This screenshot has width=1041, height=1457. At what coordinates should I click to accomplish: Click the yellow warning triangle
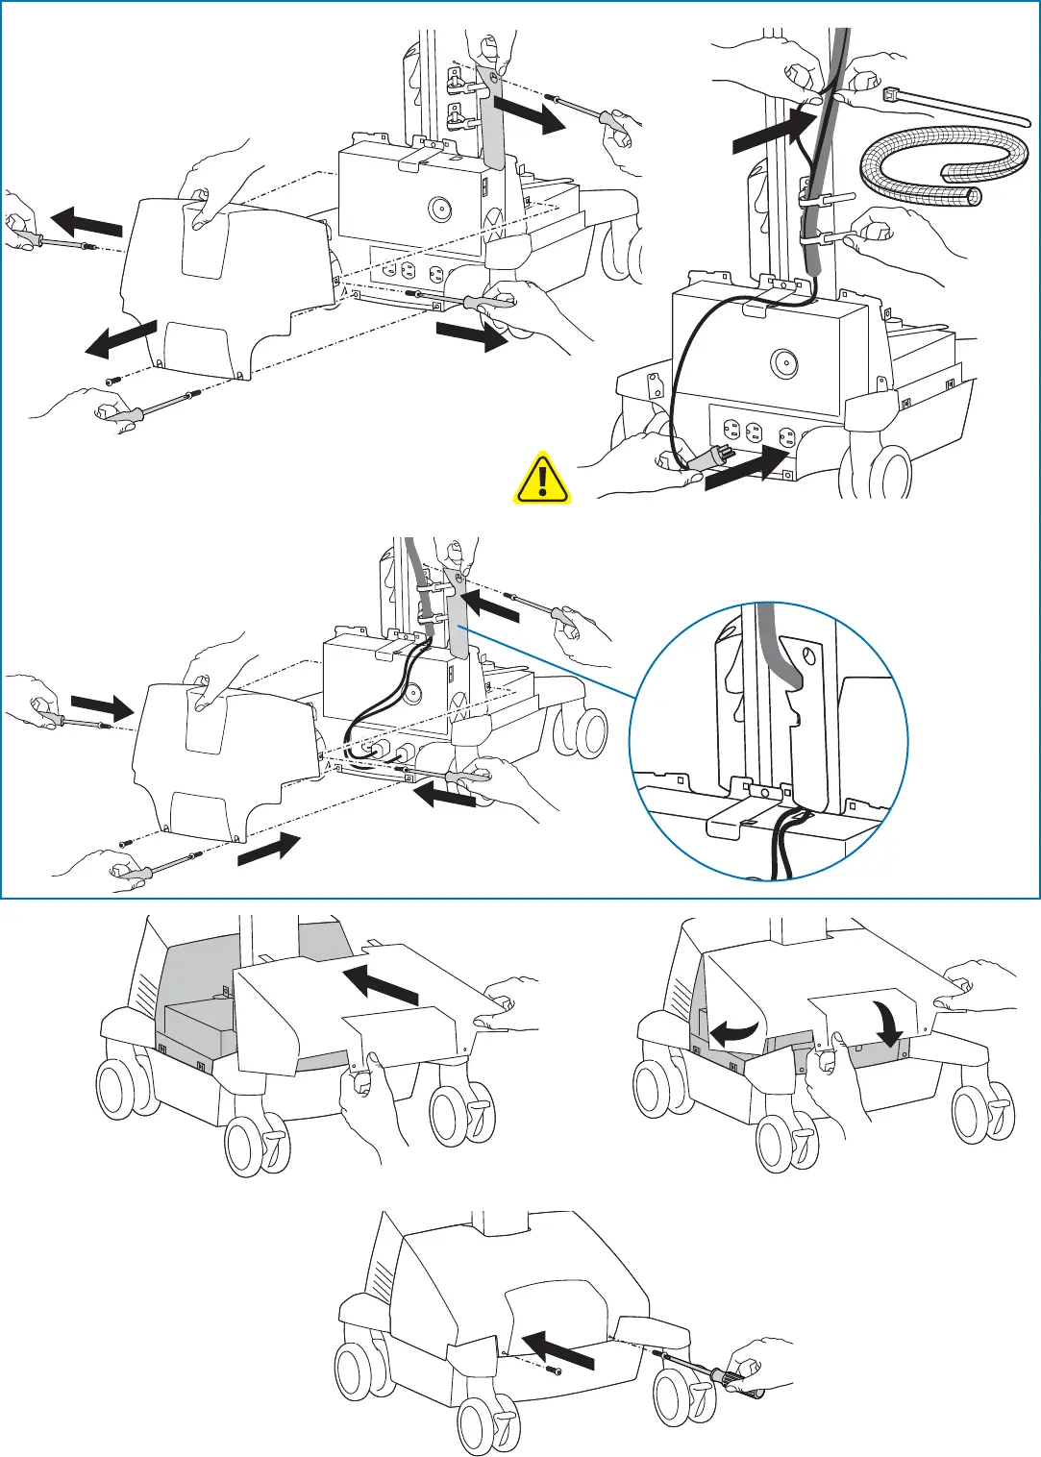(543, 478)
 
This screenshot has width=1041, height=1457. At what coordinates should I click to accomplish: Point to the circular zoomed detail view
(769, 741)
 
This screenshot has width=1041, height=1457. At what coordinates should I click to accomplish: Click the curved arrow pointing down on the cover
(890, 1025)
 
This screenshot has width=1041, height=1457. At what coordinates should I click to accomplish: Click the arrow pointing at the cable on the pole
(775, 130)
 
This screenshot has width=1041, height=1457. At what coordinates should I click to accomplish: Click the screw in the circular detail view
(808, 656)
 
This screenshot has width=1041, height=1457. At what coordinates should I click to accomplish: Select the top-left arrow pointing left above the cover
(87, 221)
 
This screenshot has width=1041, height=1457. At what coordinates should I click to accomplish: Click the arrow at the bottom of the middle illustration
(268, 850)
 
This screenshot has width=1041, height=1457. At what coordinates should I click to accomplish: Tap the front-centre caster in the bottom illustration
(489, 1426)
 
